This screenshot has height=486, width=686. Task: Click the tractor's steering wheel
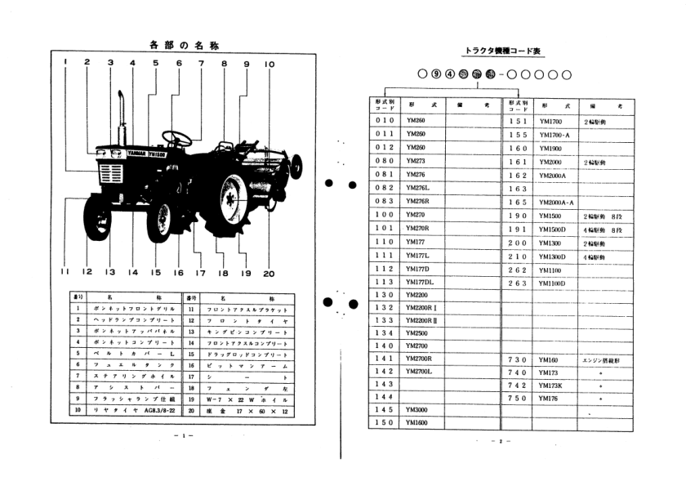(176, 137)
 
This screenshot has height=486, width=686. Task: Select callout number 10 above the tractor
(269, 63)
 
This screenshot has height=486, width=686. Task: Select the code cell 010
(383, 120)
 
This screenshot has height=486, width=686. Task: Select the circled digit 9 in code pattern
(439, 74)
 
